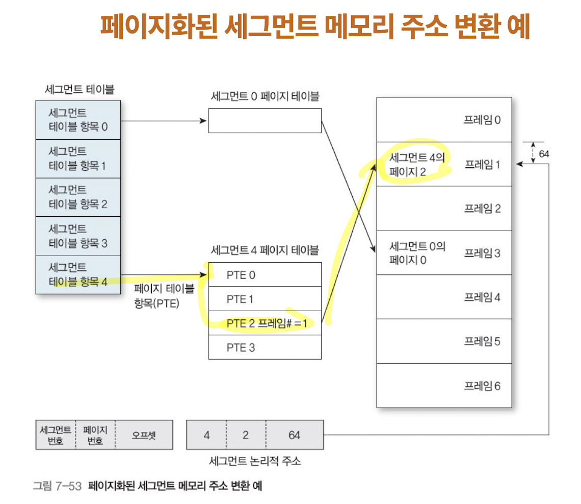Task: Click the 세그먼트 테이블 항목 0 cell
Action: pyautogui.click(x=78, y=119)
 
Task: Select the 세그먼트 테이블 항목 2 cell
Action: pyautogui.click(x=78, y=197)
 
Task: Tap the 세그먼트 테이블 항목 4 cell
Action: pyautogui.click(x=78, y=274)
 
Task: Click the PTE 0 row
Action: pyautogui.click(x=265, y=275)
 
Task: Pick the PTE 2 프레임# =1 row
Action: pyautogui.click(x=265, y=323)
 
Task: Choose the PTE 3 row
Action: pyautogui.click(x=265, y=347)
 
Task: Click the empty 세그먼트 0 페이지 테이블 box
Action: pyautogui.click(x=265, y=120)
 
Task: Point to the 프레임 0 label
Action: pyautogui.click(x=482, y=120)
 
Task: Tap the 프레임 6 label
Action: pyautogui.click(x=482, y=386)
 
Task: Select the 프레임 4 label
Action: pyautogui.click(x=482, y=297)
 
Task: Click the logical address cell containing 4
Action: pyautogui.click(x=206, y=435)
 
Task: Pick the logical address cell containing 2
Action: pyautogui.click(x=246, y=435)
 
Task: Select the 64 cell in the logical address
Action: pyautogui.click(x=294, y=435)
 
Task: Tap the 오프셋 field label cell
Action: pyautogui.click(x=144, y=435)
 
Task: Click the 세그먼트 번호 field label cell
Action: pyautogui.click(x=56, y=435)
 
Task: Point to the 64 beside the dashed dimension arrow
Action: pyautogui.click(x=544, y=153)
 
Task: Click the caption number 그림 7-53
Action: pyautogui.click(x=57, y=486)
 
